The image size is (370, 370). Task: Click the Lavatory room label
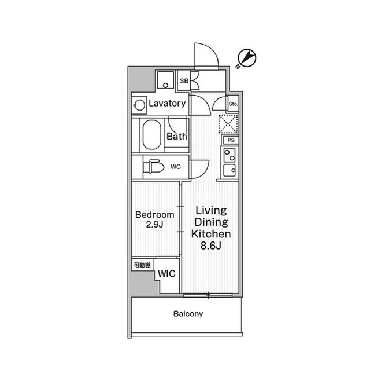[167, 104]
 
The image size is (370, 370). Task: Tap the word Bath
[177, 136]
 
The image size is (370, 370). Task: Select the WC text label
[176, 167]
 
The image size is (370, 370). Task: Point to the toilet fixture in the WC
[153, 167]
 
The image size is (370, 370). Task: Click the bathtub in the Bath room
[151, 135]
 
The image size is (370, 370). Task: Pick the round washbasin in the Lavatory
[139, 105]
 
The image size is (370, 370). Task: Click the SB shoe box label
[184, 81]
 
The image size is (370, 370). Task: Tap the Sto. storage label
[233, 104]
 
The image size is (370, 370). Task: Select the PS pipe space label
[231, 140]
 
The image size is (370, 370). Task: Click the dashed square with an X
[228, 123]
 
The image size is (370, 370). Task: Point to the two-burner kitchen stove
[230, 155]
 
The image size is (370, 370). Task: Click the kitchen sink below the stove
[230, 171]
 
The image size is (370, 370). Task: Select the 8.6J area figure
[211, 246]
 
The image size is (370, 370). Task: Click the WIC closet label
[167, 274]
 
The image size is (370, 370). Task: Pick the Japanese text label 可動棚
[142, 265]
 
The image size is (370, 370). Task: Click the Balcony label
[188, 314]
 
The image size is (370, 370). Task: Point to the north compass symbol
[246, 58]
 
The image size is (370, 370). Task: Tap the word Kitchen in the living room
[211, 234]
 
